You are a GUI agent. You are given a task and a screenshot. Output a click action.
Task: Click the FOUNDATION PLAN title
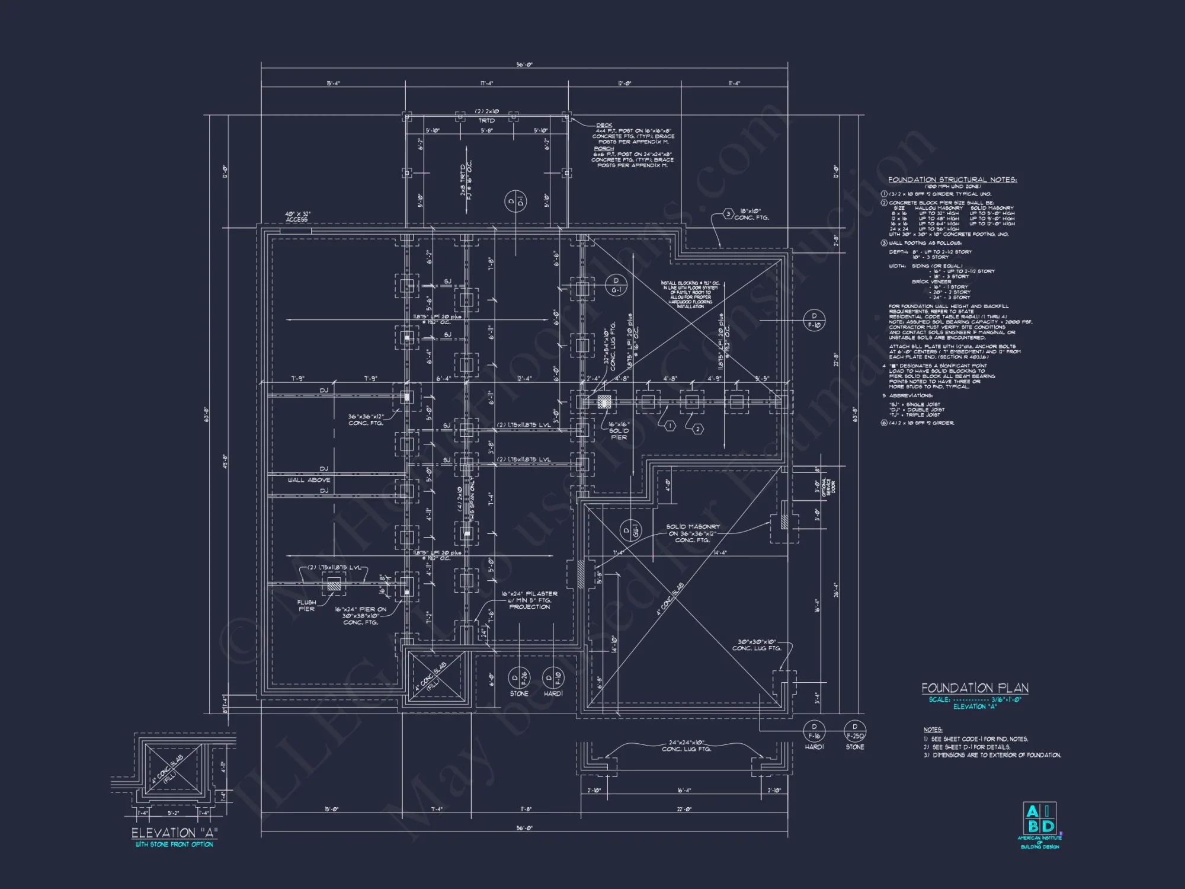point(975,688)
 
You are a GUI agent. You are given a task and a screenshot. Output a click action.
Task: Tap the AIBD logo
point(1039,818)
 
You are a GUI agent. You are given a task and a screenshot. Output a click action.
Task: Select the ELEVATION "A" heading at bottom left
point(174,833)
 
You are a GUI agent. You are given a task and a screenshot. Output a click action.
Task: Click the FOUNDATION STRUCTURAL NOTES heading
point(952,180)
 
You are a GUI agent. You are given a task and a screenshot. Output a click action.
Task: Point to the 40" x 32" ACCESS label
point(297,217)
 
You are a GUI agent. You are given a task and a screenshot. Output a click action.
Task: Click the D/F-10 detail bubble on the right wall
point(814,321)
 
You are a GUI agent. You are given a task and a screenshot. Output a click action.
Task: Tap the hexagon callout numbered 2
point(697,429)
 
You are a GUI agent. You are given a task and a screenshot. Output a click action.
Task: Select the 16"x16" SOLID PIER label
point(619,431)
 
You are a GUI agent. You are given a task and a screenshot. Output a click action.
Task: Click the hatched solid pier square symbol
point(603,402)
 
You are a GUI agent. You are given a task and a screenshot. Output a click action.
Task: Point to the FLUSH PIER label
point(307,606)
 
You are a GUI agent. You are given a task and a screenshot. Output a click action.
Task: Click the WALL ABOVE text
point(309,480)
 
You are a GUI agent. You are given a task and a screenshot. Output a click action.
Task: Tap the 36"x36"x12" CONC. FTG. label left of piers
point(366,420)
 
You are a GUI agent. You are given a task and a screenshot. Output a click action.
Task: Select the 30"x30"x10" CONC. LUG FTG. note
point(757,645)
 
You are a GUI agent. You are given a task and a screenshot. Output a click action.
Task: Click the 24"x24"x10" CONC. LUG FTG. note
point(686,746)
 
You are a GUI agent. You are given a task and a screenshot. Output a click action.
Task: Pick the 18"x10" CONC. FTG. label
point(751,214)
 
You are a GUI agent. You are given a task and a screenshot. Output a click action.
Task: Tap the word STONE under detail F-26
point(519,693)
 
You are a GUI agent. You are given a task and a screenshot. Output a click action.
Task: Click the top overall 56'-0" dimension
point(524,65)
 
